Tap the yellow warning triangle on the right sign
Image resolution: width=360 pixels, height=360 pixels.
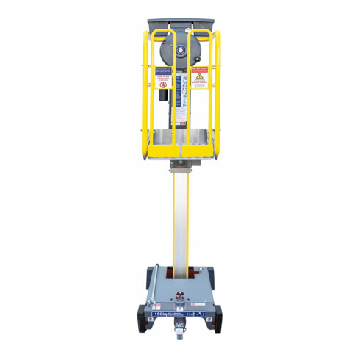(198, 77)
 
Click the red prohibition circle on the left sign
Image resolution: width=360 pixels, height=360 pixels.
(163, 84)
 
